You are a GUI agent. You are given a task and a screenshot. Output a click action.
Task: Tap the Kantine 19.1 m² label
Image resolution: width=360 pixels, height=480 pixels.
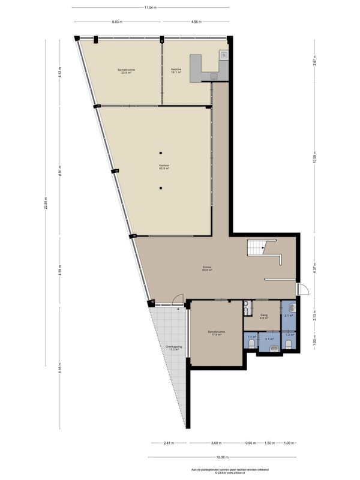click(x=176, y=71)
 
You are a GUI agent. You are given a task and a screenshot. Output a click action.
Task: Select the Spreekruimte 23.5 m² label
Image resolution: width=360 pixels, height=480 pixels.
click(x=126, y=71)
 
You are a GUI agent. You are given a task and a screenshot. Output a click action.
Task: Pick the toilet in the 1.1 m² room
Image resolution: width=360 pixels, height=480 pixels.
click(x=251, y=345)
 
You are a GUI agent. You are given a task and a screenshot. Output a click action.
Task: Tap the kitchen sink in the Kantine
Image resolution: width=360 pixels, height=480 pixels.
click(x=224, y=56)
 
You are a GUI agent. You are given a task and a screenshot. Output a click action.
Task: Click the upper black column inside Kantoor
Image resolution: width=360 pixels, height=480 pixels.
click(x=161, y=151)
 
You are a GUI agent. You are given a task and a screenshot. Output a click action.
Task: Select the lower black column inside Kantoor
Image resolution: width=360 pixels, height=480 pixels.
click(x=161, y=188)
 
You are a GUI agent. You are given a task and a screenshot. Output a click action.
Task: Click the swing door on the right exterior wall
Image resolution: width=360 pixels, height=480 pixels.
click(x=302, y=290)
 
